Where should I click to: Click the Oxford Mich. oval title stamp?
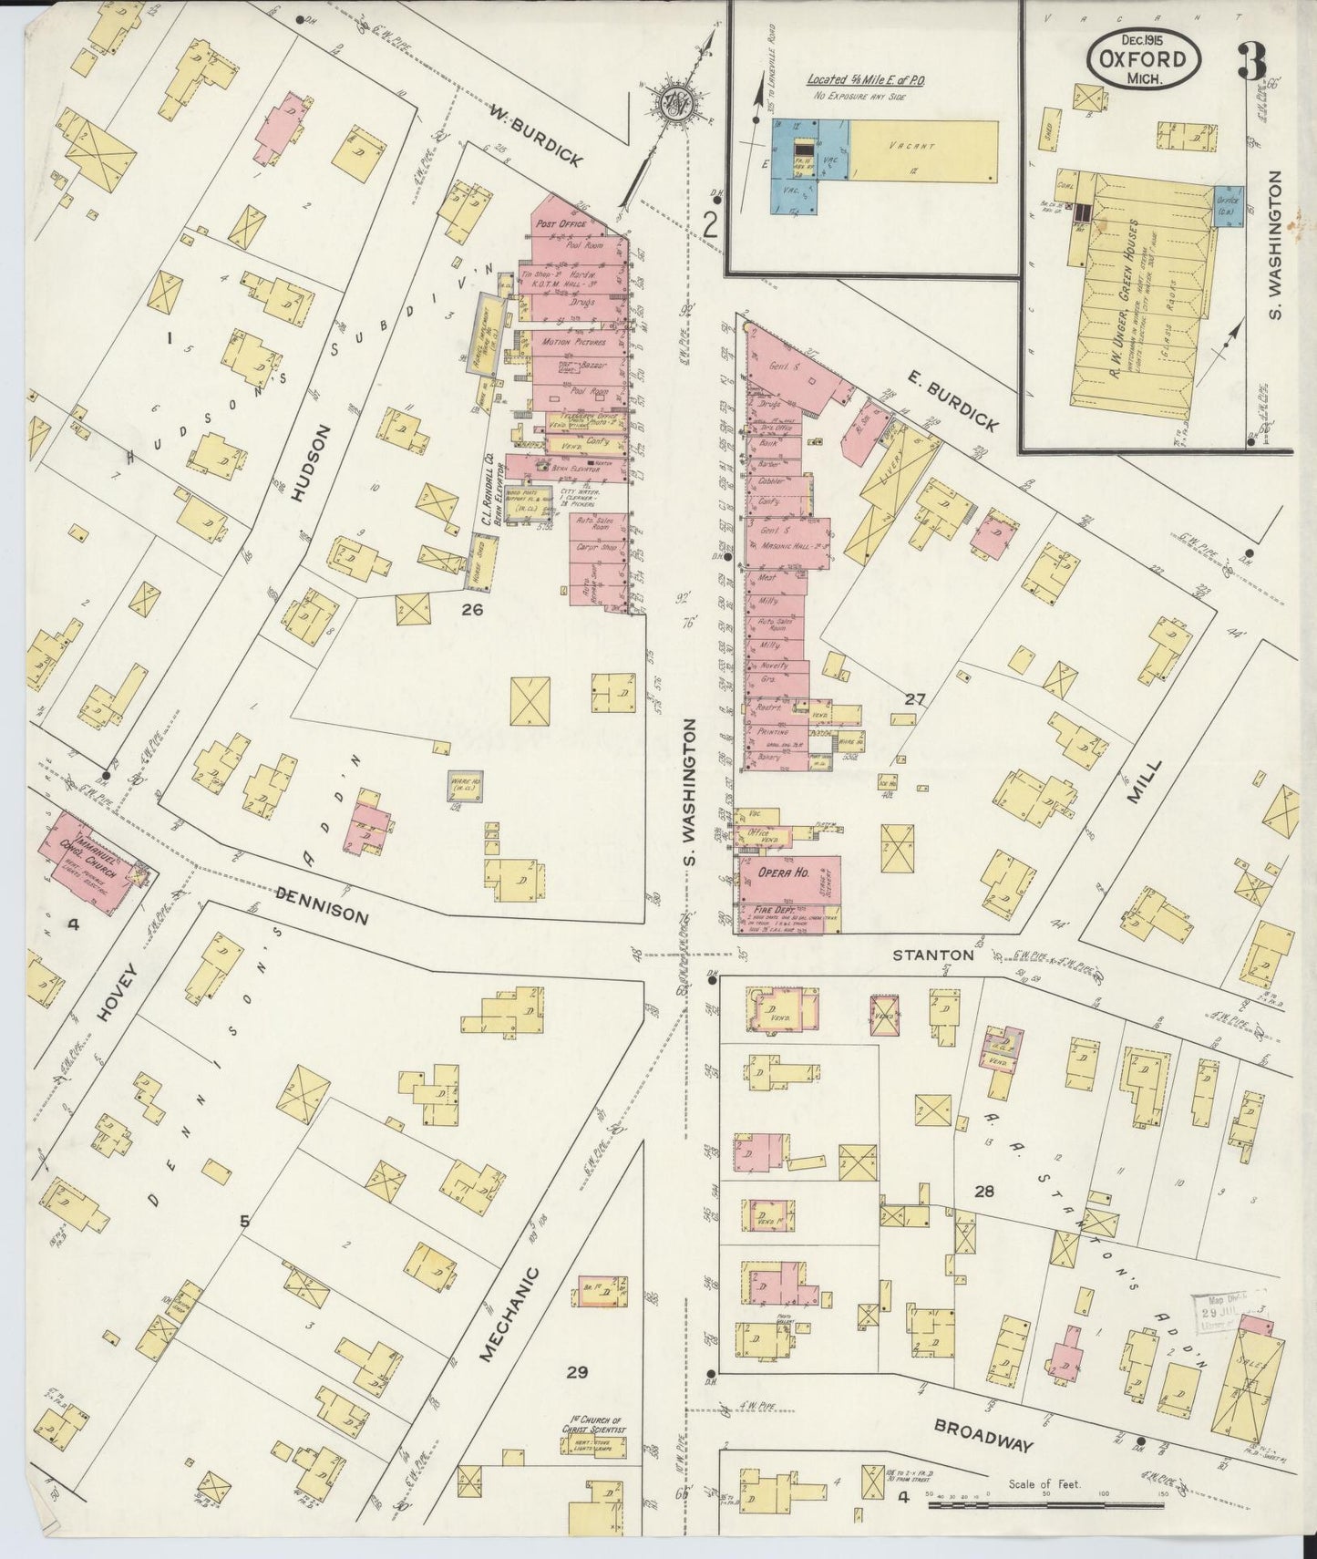click(1143, 58)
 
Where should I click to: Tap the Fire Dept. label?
click(775, 910)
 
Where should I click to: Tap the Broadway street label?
click(983, 1437)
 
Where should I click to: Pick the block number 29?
click(576, 1372)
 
